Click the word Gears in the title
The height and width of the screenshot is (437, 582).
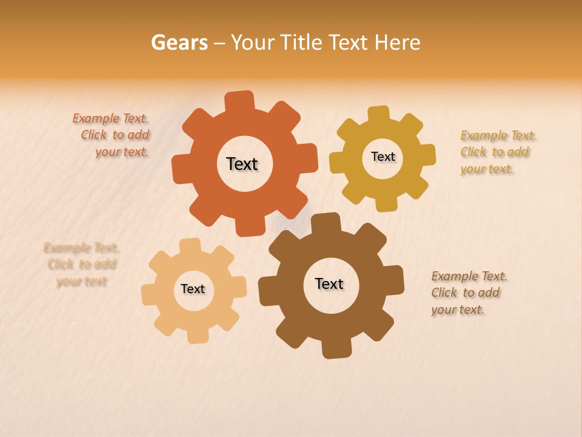pos(179,43)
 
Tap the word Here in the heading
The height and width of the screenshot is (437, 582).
pos(397,43)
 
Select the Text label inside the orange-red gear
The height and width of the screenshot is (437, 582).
pos(242,164)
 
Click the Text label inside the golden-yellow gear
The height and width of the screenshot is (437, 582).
pos(383,157)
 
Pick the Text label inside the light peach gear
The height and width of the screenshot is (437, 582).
pos(193,289)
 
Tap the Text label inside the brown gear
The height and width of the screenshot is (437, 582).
pos(329,283)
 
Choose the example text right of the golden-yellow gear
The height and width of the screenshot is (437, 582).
pos(497,152)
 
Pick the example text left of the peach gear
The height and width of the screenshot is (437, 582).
pos(81,264)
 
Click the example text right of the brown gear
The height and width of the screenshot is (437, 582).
pos(468,293)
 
